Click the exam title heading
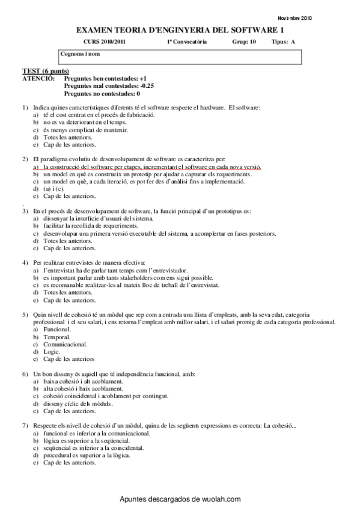click(180, 30)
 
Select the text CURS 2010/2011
click(101, 42)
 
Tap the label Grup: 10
click(244, 42)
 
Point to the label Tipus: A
click(284, 42)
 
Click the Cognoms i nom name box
click(180, 57)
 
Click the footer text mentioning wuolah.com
click(180, 499)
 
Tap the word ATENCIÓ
click(37, 78)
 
